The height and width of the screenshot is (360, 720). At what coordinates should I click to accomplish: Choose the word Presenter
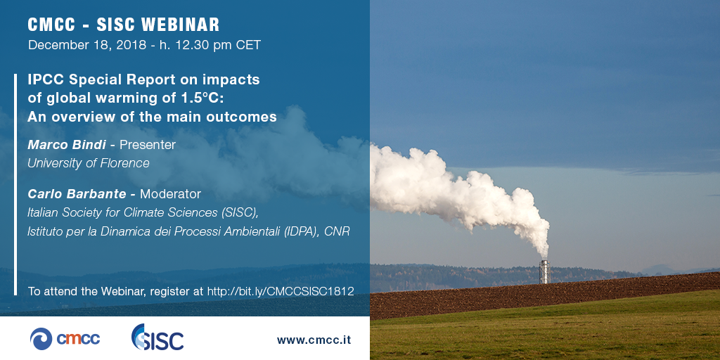(x=148, y=145)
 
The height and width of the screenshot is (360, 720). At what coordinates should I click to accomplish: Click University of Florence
(x=89, y=163)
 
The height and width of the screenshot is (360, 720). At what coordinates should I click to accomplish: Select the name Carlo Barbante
(x=77, y=194)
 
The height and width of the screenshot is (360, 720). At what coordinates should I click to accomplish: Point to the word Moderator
(x=170, y=194)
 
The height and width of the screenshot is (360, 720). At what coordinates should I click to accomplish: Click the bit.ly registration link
(x=281, y=291)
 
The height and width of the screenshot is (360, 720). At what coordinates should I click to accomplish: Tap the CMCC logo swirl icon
(x=41, y=339)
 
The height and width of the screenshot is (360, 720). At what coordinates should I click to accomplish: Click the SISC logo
(x=157, y=337)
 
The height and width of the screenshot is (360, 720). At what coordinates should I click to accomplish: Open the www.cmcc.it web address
(x=314, y=340)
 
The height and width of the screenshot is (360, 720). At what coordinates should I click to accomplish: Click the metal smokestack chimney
(x=544, y=271)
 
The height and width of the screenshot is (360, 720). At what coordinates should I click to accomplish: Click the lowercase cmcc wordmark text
(x=78, y=340)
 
